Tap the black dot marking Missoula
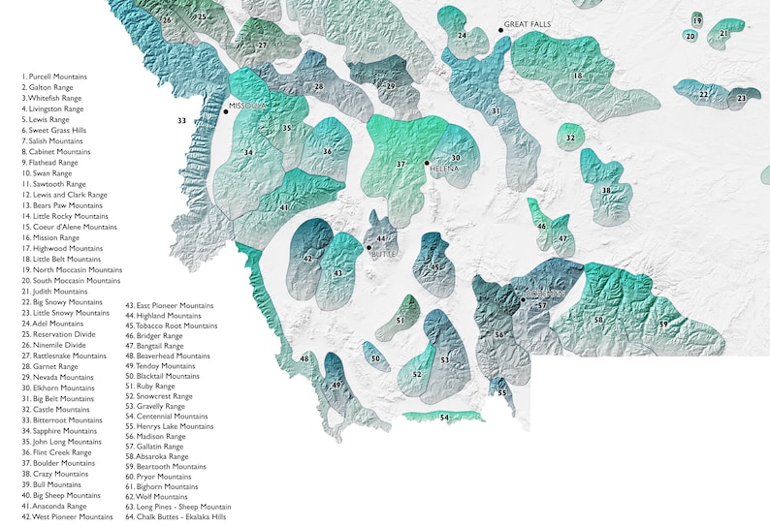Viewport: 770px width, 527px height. click(225, 112)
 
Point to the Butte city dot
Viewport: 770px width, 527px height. click(369, 248)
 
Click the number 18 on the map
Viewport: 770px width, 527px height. click(577, 76)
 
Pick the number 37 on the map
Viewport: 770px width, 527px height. click(401, 165)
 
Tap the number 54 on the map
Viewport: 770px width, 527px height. click(444, 417)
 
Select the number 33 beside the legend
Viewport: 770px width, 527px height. click(181, 120)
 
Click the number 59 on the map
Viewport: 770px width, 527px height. click(663, 324)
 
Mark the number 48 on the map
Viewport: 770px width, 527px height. click(305, 358)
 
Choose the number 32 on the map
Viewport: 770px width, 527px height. click(570, 139)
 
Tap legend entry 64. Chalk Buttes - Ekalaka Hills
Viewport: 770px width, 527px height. click(177, 516)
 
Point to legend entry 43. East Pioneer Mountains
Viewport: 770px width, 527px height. click(169, 305)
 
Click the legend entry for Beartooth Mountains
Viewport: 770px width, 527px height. click(166, 466)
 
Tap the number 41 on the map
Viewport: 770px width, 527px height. click(284, 207)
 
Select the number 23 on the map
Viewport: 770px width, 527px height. click(742, 98)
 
